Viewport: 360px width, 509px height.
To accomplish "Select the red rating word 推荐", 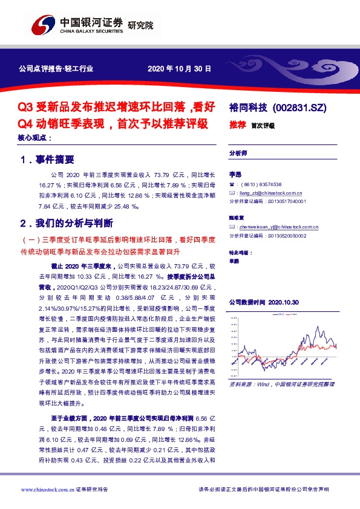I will pos(237,125).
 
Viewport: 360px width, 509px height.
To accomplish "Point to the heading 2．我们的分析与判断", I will pos(66,223).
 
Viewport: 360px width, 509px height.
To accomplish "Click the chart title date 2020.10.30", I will pos(287,301).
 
